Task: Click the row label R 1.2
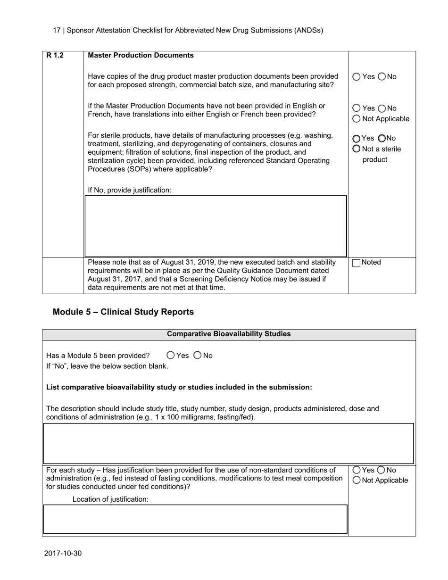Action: click(x=55, y=56)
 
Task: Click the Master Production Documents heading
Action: click(x=141, y=56)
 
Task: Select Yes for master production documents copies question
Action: click(x=357, y=77)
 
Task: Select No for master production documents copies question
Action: click(x=382, y=77)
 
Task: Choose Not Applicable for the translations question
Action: click(x=357, y=119)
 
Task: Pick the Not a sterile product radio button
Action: click(x=357, y=149)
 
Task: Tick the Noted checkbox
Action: click(x=357, y=263)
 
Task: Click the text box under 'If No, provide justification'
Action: click(x=216, y=226)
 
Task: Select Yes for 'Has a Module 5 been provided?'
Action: click(x=171, y=356)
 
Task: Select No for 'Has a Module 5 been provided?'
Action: click(x=198, y=356)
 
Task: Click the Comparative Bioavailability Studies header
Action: click(x=229, y=334)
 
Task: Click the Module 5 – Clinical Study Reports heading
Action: click(x=123, y=312)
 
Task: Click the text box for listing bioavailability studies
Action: click(x=229, y=443)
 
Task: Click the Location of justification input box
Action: click(x=195, y=519)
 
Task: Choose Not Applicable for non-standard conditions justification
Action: click(x=357, y=481)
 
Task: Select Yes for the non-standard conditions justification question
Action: click(x=357, y=470)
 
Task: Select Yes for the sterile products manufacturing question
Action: click(x=357, y=139)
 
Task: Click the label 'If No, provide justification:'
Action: click(x=130, y=191)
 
